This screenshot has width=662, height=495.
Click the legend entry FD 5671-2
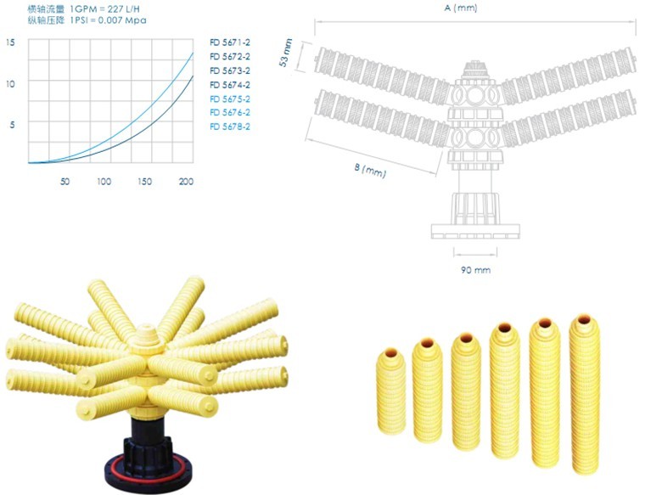click(x=230, y=42)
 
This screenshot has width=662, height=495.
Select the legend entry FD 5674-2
click(x=230, y=85)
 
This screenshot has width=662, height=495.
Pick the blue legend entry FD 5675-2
click(x=230, y=98)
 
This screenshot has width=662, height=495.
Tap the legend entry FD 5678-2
click(x=230, y=127)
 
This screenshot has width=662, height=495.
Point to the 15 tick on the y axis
click(x=10, y=42)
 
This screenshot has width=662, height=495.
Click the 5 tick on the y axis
click(x=12, y=125)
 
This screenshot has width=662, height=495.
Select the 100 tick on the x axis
click(x=104, y=182)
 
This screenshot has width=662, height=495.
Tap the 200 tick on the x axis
click(x=186, y=182)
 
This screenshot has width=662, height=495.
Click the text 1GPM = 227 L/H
click(x=104, y=8)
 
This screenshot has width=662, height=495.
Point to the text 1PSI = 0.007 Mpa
click(x=108, y=20)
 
